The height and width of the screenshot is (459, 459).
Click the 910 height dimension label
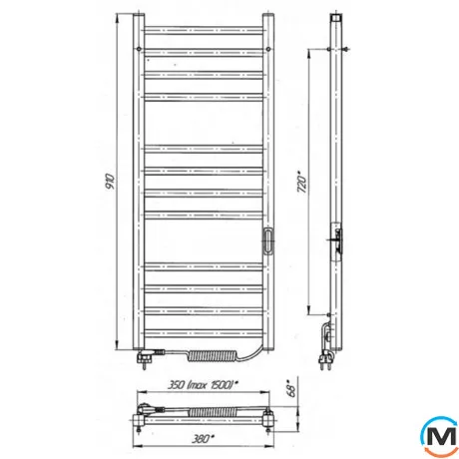110,182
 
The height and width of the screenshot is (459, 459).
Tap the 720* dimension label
301,182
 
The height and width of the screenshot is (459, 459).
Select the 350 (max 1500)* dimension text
203,385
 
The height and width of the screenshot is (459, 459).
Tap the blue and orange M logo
440,437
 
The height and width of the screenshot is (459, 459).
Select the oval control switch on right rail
268,240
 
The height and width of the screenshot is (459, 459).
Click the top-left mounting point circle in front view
139,49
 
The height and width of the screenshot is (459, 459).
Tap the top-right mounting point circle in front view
268,49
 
